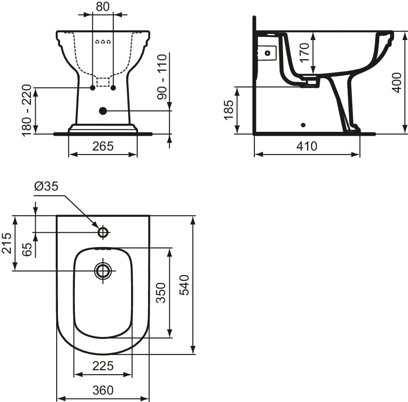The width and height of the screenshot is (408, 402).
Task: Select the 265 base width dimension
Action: pyautogui.click(x=103, y=146)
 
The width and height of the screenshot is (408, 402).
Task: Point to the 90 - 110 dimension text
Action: pyautogui.click(x=162, y=77)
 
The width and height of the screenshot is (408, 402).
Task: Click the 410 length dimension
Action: pyautogui.click(x=307, y=147)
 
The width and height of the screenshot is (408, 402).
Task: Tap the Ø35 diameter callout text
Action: pyautogui.click(x=46, y=186)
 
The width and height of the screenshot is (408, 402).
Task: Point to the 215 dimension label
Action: pyautogui.click(x=6, y=243)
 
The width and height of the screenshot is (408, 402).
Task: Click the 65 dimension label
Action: pyautogui.click(x=27, y=249)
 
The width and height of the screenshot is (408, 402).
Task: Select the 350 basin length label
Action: pyautogui.click(x=161, y=293)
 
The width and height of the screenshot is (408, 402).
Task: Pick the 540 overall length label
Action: pyautogui.click(x=185, y=285)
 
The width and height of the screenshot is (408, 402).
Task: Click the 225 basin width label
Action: pyautogui.click(x=103, y=366)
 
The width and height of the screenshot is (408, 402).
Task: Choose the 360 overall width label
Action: pyautogui.click(x=103, y=390)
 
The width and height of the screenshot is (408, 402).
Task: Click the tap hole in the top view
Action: pyautogui.click(x=103, y=232)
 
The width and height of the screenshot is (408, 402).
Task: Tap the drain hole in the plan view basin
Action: pyautogui.click(x=103, y=271)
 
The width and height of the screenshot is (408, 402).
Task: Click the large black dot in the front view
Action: pyautogui.click(x=103, y=111)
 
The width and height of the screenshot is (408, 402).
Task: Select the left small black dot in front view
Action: pyautogui.click(x=92, y=88)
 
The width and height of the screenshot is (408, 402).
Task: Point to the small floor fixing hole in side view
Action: pyautogui.click(x=303, y=125)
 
